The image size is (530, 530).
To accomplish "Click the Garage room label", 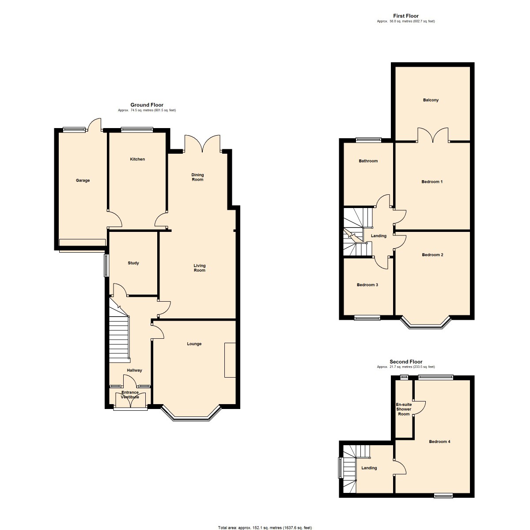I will pos(83,181).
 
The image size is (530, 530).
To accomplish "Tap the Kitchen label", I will pos(137,159).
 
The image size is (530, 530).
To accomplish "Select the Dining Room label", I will pos(197,178).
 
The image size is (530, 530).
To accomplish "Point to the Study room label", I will pos(133,263).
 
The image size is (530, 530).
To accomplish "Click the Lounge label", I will pos(194,344).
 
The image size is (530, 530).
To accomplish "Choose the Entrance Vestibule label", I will pos(130,395).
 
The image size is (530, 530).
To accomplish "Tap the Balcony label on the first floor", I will pos(431,100).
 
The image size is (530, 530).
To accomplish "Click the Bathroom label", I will pos(368,161).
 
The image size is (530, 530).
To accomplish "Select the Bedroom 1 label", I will pos(432,182).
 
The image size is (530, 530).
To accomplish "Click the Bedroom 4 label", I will pos(439,442).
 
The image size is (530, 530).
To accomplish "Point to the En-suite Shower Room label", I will pos(404,409).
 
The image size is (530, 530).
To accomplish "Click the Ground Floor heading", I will pos(147,105).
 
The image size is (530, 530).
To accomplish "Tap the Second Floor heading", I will pos(405,362).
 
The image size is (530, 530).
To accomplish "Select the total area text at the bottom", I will pos(265,528).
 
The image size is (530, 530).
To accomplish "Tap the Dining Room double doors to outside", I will pos(202,144).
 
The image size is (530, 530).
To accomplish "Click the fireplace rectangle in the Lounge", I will pos(230,360).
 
